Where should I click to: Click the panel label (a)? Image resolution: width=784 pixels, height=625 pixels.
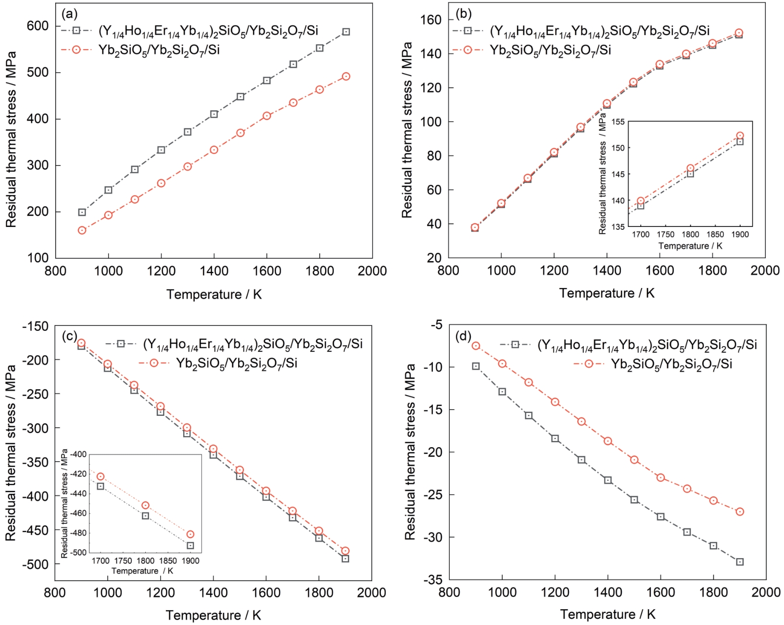coord(69,14)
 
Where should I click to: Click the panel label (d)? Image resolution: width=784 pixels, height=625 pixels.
coord(463,336)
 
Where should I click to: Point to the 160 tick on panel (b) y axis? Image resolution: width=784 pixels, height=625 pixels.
coord(431,20)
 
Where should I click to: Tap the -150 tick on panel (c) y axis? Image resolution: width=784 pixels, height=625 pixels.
coord(35,326)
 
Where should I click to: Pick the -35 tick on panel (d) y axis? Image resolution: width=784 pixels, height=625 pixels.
coord(433,580)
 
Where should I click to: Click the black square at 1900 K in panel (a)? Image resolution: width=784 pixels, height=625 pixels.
coord(346,32)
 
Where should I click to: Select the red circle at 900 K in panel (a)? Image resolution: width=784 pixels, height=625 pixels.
coord(82,230)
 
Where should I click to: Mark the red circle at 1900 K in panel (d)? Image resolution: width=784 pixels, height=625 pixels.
coord(740,512)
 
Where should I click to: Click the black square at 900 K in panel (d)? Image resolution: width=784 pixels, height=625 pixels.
coord(476,366)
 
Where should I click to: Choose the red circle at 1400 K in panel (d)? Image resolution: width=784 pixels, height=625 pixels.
coord(608,441)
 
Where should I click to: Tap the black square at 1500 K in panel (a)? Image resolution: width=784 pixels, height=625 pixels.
coord(240,97)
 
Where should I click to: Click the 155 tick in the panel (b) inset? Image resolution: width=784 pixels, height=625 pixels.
coord(618,122)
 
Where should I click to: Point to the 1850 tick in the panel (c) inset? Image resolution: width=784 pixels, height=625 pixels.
coord(168,561)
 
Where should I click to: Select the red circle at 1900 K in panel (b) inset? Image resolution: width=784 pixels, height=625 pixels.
coord(740,136)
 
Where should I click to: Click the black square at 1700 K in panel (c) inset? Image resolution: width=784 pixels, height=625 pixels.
coord(101,486)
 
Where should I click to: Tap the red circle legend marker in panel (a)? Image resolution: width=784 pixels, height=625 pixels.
coord(76,50)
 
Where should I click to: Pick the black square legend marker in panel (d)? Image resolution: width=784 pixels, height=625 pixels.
coord(515,344)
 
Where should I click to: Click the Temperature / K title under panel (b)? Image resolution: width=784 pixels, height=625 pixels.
coord(607,293)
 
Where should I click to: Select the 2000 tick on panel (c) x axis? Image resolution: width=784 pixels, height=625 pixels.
coord(371,593)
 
